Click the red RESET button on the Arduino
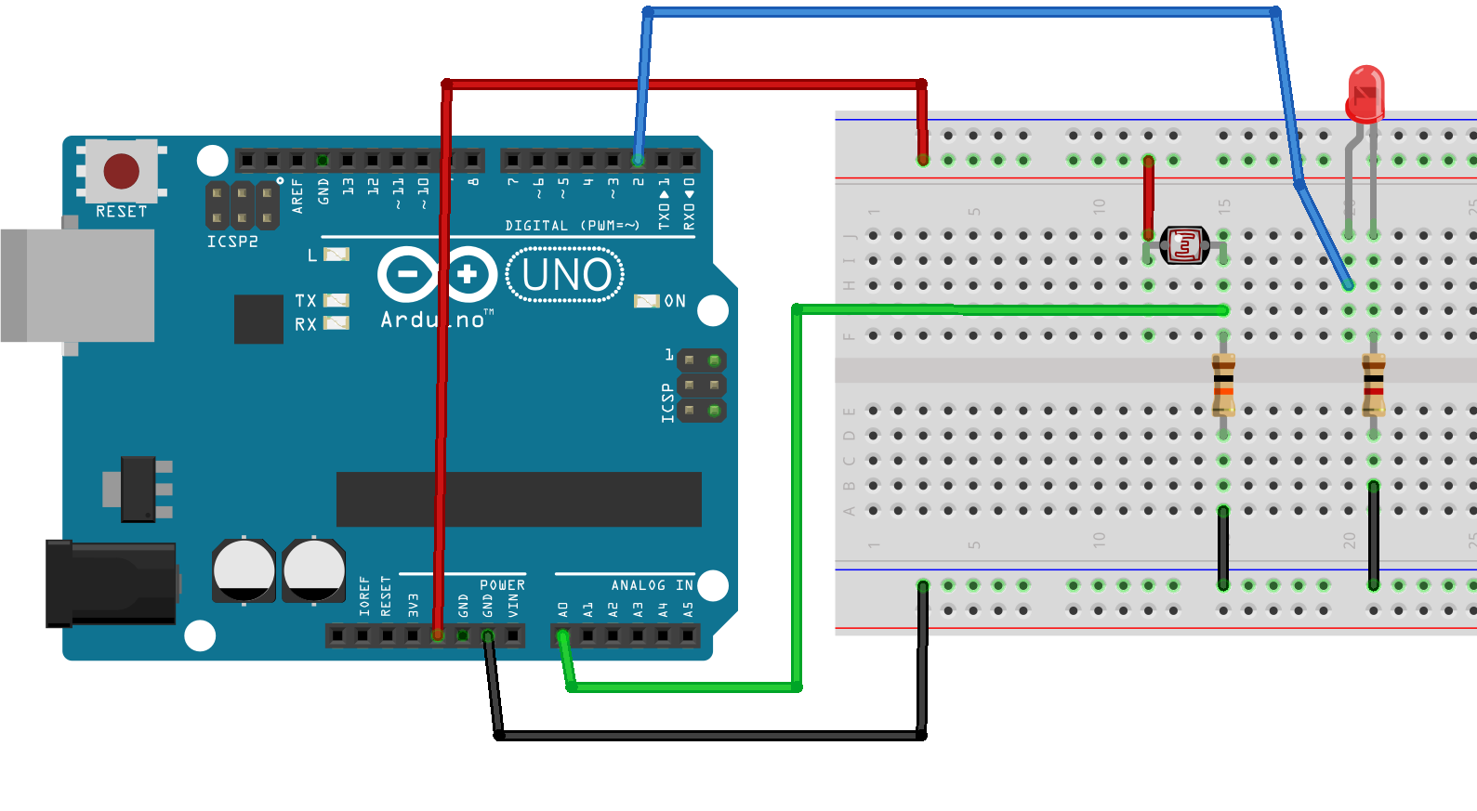pos(121,171)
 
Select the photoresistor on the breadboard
pos(1185,245)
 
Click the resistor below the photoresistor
pos(1223,385)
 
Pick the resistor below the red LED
pos(1373,385)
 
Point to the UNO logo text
pos(565,275)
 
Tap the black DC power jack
pos(112,583)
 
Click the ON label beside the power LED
pos(675,301)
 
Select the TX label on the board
pos(305,300)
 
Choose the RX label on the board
pos(305,324)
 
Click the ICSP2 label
pos(232,242)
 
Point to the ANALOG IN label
pos(652,585)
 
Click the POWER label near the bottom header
pos(502,585)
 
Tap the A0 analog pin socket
pos(562,635)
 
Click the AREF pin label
pos(297,196)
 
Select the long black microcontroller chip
pos(519,499)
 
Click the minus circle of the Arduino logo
pos(407,274)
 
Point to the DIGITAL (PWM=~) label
pos(572,226)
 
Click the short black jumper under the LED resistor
pos(1373,535)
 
